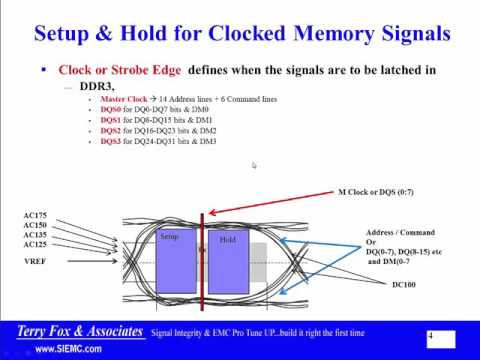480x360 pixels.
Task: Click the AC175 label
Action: click(x=34, y=215)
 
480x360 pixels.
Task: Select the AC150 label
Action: click(x=34, y=226)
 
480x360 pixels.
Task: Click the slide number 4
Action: click(x=430, y=339)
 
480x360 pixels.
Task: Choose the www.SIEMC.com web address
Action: click(x=67, y=350)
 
